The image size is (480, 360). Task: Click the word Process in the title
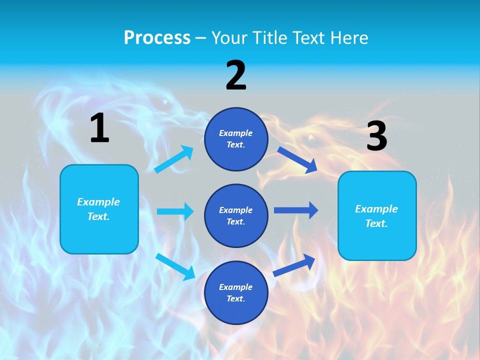[157, 38]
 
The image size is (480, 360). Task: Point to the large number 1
[99, 128]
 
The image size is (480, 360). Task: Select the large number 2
[236, 75]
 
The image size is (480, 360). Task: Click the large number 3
[376, 136]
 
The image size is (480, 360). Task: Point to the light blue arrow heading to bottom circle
[175, 266]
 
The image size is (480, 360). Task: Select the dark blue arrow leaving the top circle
[297, 159]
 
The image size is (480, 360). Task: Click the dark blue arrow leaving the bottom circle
[294, 265]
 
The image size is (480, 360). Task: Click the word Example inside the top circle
[235, 133]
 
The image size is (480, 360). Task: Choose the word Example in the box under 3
[376, 209]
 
